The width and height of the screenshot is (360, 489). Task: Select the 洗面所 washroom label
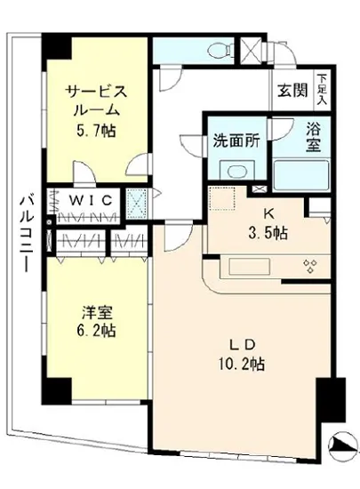235,140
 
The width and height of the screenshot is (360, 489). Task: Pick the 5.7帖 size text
95,129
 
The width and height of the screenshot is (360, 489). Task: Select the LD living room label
246,343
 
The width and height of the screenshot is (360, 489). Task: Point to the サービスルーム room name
95,100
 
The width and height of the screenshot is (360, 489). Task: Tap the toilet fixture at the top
226,49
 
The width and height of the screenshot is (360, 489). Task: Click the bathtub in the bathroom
301,174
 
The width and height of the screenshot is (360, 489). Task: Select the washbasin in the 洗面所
236,172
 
